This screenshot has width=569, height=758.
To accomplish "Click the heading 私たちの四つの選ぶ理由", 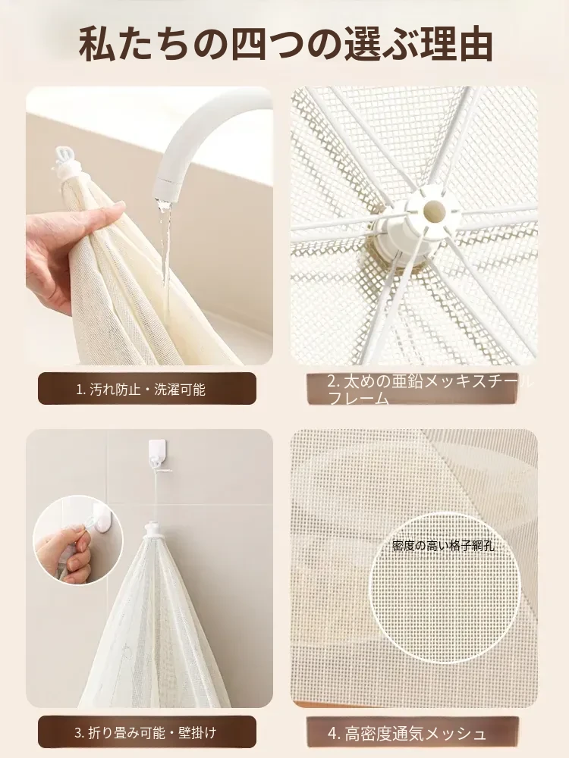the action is [x=285, y=45].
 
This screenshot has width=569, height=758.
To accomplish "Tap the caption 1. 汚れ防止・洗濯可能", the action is [x=141, y=390].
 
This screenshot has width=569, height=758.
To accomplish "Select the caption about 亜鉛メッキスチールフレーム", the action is [x=429, y=390].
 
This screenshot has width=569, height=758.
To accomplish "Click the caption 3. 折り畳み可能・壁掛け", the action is [x=145, y=733].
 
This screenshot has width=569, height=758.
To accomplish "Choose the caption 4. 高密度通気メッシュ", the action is [x=407, y=734].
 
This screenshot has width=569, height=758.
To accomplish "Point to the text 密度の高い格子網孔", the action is [x=443, y=547].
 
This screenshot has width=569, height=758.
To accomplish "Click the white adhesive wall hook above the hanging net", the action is [x=155, y=454].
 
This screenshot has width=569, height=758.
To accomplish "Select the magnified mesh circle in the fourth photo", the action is [x=443, y=586].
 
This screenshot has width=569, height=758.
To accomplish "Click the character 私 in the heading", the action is [x=98, y=45].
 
